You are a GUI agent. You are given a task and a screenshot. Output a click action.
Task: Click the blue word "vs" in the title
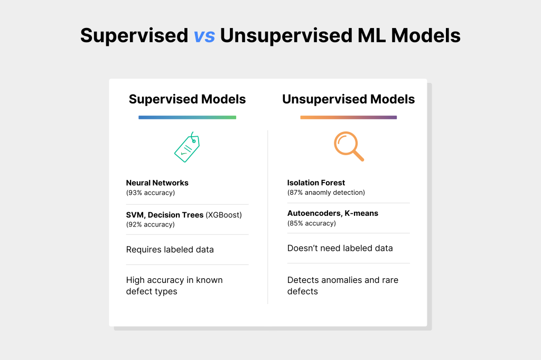(x=204, y=36)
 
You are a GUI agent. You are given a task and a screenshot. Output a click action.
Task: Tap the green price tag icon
(x=187, y=147)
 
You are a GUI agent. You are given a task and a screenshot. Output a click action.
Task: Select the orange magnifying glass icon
(x=349, y=146)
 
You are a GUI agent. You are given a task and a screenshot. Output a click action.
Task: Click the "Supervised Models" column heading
(x=188, y=99)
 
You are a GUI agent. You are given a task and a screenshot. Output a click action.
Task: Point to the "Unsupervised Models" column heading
(x=349, y=99)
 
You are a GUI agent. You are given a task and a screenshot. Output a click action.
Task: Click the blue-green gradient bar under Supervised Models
(x=188, y=118)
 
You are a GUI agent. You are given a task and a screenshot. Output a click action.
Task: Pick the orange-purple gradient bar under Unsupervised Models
(x=349, y=118)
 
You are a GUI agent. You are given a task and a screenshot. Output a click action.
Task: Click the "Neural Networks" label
(x=157, y=183)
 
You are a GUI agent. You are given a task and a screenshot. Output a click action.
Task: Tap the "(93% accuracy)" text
(x=151, y=193)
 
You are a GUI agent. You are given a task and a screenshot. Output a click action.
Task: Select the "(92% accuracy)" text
(x=151, y=224)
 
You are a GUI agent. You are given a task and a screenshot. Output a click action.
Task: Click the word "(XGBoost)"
(x=224, y=215)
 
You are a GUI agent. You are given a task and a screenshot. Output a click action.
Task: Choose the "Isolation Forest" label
(x=316, y=183)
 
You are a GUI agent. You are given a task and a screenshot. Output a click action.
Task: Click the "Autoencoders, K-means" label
(x=333, y=213)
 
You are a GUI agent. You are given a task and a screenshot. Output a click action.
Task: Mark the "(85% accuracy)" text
(x=312, y=223)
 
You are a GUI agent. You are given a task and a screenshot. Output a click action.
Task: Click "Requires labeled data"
(x=170, y=250)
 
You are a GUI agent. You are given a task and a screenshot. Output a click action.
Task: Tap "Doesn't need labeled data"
(x=340, y=248)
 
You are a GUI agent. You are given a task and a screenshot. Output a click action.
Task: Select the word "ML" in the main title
(x=371, y=36)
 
